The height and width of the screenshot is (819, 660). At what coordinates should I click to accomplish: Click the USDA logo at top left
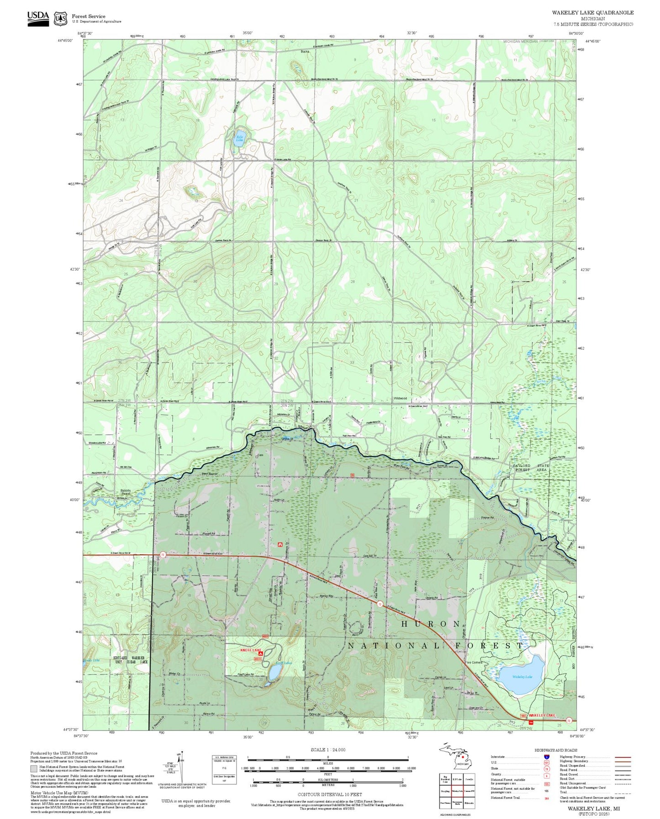pos(38,18)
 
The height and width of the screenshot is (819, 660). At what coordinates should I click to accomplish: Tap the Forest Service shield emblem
pos(60,19)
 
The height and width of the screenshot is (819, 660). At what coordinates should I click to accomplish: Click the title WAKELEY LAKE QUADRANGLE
pos(592,12)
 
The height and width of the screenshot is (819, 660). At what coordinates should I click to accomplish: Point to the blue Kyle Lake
pos(238,140)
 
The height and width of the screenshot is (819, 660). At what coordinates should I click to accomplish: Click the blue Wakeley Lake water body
pos(521,676)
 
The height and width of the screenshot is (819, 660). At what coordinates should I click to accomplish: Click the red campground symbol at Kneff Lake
pos(260,654)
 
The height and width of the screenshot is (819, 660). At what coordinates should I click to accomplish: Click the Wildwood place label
pos(400,398)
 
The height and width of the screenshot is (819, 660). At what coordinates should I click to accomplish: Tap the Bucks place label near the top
pos(305,52)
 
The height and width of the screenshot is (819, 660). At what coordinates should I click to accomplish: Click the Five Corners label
pos(474,662)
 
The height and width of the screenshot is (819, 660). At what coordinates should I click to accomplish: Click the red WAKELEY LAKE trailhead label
pos(542,715)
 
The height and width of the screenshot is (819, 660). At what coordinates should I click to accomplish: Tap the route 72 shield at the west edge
pos(162,555)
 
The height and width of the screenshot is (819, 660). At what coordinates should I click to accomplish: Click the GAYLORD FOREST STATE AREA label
pos(530,467)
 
